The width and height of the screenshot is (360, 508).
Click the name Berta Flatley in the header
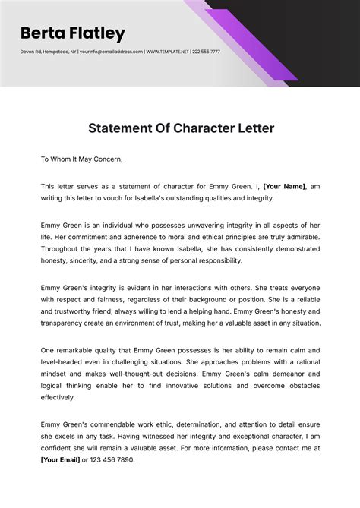click(73, 33)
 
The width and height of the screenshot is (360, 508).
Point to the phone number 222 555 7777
click(206, 52)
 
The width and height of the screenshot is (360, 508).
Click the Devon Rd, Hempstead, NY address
click(49, 52)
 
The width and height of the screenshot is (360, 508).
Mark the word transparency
click(70, 323)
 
